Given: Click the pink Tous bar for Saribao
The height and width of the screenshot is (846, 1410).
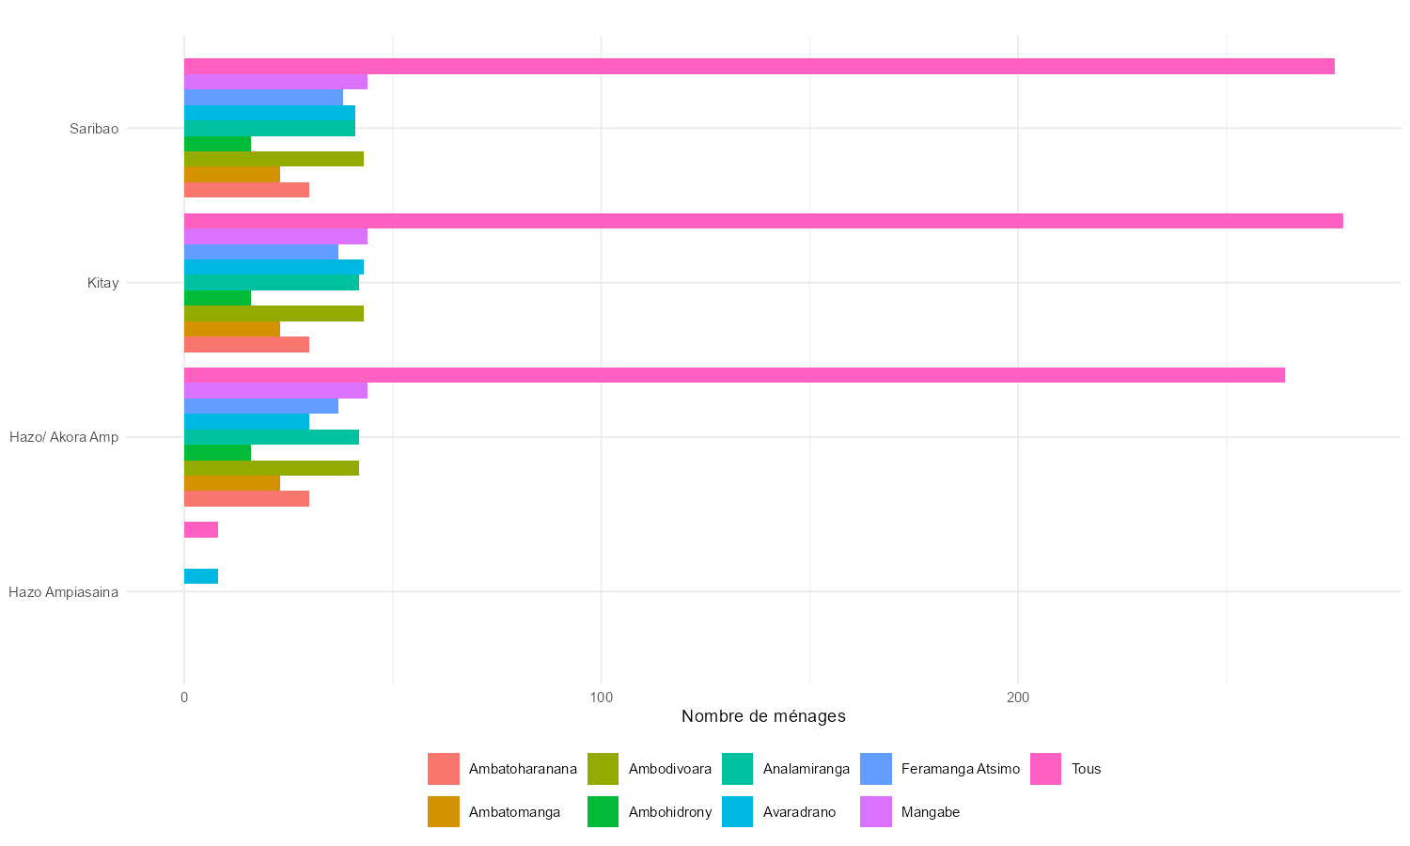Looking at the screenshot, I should point(759,66).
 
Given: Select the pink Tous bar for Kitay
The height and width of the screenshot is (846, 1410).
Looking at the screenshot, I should point(762,221).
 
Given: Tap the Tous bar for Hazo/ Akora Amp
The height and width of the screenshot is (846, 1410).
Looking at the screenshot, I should point(733,375).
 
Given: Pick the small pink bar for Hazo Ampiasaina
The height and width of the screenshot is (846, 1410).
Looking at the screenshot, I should point(201,529).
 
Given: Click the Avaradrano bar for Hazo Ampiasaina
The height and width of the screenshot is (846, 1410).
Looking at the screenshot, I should point(201,576).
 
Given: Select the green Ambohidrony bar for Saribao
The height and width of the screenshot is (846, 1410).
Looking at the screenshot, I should point(217,144).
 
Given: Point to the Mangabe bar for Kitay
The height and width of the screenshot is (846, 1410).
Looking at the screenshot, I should point(275,236).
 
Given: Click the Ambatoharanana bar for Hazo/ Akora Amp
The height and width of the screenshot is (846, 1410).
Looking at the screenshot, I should point(246,498).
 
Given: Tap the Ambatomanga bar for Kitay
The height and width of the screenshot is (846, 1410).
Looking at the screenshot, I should point(231,329).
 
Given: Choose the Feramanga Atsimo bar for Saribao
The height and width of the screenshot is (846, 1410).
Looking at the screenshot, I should point(263,97).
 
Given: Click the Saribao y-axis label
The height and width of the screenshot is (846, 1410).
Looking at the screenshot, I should point(94,129).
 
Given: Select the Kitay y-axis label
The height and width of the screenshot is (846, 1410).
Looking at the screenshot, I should point(102,283).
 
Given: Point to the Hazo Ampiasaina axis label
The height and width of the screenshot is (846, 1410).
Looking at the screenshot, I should point(63,592).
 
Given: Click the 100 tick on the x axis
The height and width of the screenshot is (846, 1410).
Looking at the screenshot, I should point(601,697).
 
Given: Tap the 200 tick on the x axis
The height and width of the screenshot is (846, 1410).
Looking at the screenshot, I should point(1018,697).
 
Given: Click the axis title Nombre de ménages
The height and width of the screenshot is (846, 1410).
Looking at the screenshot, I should point(763,716).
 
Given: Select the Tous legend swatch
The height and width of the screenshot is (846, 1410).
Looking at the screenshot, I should point(1045,769).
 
